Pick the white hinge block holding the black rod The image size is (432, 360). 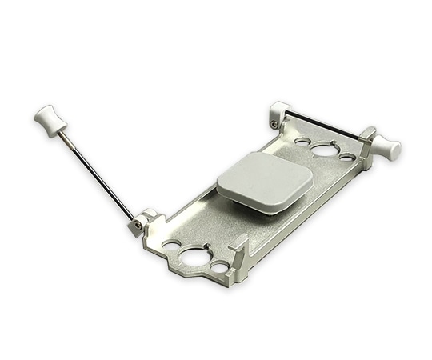pos(280,112)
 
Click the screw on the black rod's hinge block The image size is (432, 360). pos(274,123)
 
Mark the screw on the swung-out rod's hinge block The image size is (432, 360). pos(138,226)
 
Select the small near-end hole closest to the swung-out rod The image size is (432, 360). pos(171,242)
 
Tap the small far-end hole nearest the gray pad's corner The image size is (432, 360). pos(302,142)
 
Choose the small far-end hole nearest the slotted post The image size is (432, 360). pos(346,156)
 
